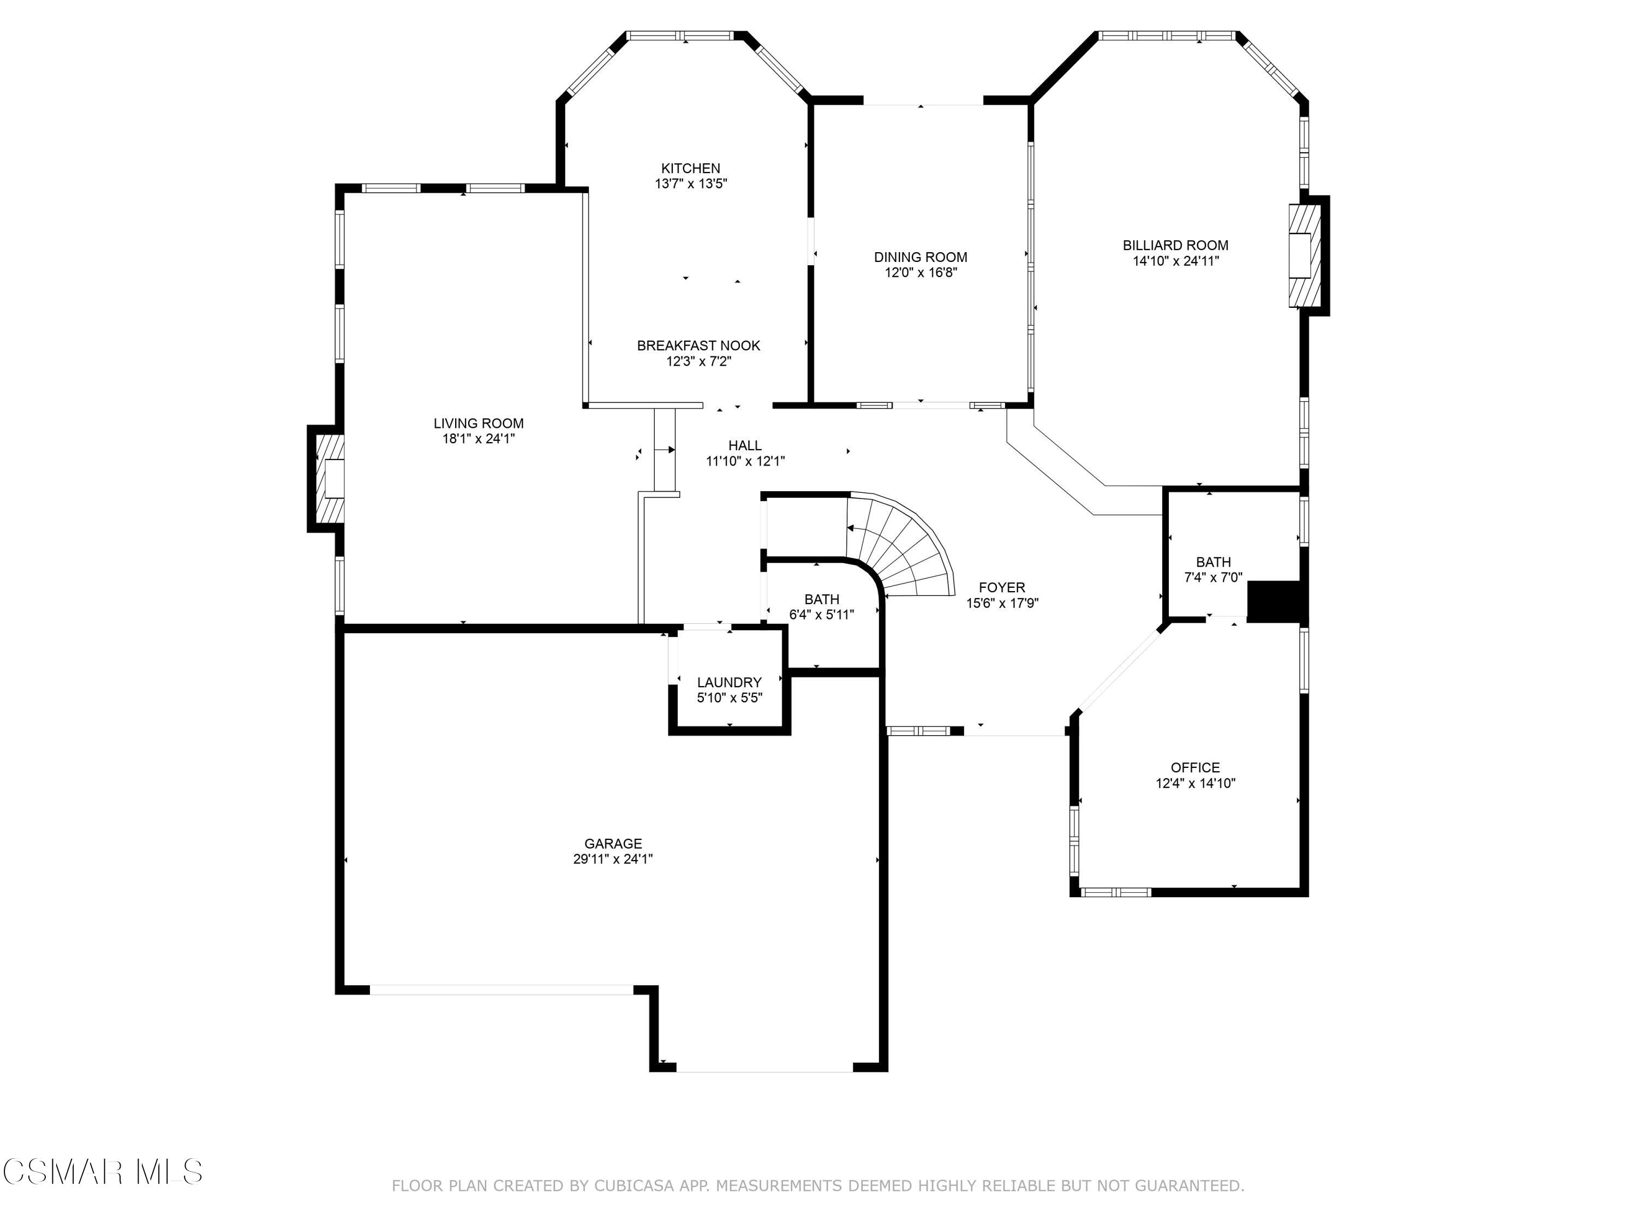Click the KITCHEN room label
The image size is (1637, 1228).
(690, 169)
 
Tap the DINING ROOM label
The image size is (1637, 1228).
(921, 258)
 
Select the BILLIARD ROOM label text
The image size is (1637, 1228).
(1175, 246)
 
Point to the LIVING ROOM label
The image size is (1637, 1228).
(479, 424)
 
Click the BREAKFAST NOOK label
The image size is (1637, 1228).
(698, 345)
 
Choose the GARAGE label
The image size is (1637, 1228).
(613, 844)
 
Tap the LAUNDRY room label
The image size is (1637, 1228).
(730, 682)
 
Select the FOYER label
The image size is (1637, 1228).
(1002, 588)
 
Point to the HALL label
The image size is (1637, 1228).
(745, 445)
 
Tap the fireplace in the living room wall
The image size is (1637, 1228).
(328, 479)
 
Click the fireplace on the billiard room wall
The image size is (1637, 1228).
(1307, 255)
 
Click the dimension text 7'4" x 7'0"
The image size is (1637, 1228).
(1214, 577)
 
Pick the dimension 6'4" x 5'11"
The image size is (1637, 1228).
(821, 615)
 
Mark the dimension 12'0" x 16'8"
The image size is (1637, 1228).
(921, 272)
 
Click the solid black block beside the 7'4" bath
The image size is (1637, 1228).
(1276, 601)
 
